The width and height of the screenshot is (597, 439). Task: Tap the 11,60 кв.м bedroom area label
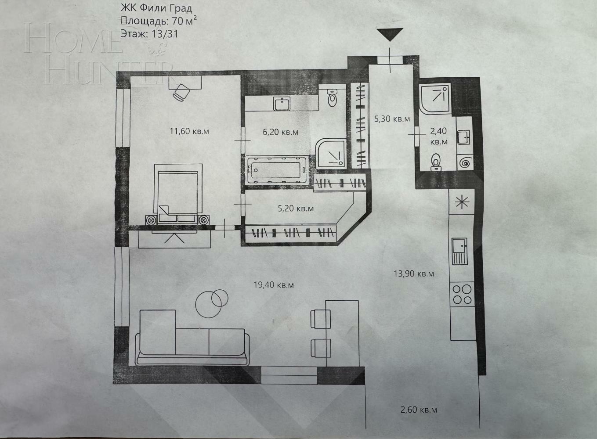(189, 130)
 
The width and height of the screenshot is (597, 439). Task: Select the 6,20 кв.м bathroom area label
(281, 131)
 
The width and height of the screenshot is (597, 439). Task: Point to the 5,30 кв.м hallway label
(392, 119)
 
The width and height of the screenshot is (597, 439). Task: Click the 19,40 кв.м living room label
(274, 285)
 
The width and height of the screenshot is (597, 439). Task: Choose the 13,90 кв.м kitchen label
(414, 273)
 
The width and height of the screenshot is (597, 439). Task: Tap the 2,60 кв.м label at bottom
(419, 410)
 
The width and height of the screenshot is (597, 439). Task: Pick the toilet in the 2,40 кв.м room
(436, 162)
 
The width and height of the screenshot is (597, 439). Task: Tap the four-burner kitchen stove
(461, 294)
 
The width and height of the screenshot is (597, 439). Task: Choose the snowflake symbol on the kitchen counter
(462, 202)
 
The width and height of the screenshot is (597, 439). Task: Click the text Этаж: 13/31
(149, 34)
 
